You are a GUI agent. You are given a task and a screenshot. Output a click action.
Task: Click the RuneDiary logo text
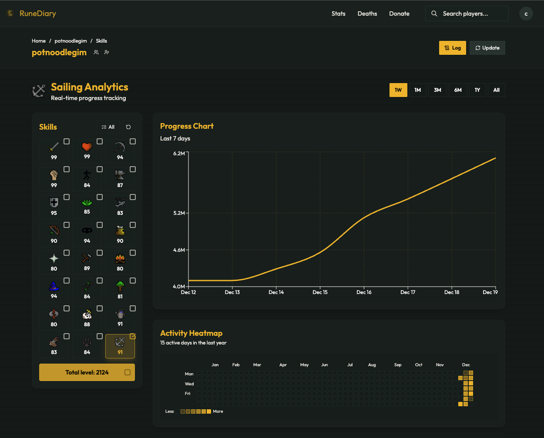point(37,13)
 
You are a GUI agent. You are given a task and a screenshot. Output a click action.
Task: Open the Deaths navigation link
point(367,13)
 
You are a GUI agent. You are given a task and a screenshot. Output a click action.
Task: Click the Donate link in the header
point(399,13)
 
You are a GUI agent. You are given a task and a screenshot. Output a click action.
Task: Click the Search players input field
point(472,13)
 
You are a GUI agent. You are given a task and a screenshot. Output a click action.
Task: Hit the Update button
point(487,48)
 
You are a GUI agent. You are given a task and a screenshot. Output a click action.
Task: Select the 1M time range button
point(417,90)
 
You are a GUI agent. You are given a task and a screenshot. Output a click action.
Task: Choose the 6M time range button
point(458,90)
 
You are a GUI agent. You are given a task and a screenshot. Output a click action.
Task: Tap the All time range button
point(496,90)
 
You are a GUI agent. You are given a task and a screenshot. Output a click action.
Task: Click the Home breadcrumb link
point(39,41)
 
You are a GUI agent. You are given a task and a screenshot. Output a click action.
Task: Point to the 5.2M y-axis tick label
point(179,213)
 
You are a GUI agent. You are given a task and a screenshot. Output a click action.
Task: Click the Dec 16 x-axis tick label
point(364,292)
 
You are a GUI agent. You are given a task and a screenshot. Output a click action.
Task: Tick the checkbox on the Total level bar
point(128,372)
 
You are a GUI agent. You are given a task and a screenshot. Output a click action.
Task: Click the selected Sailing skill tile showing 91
point(120,346)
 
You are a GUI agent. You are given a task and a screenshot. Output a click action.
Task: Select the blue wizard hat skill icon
point(54,286)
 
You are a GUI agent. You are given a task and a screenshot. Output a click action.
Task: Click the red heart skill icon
point(87,147)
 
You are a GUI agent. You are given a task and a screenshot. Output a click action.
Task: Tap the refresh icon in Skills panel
point(128,127)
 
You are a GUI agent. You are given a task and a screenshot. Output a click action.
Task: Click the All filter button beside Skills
point(108,127)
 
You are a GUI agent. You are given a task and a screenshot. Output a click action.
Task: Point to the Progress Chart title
point(187,126)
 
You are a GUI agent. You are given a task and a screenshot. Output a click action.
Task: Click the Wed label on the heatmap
point(189,384)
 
